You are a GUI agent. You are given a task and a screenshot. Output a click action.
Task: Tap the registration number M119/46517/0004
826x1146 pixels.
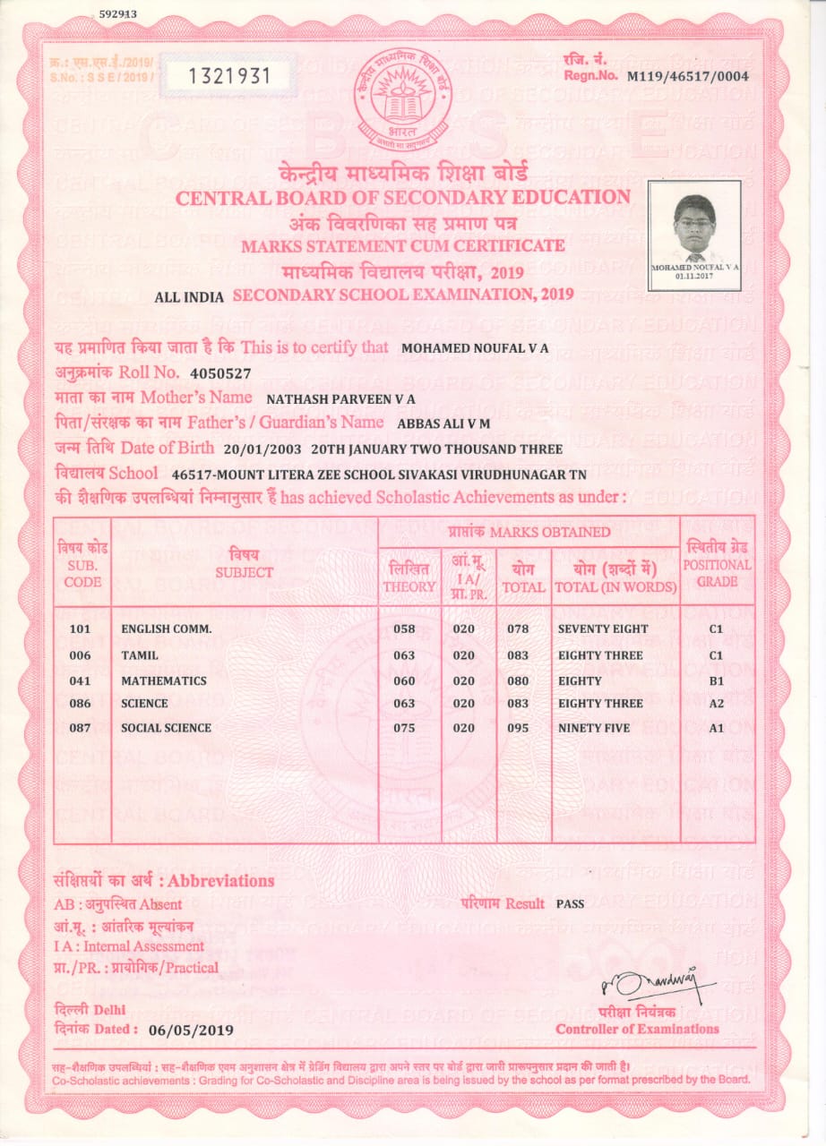[x=688, y=77]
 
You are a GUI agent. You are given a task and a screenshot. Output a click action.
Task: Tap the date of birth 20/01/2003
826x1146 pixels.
[x=262, y=449]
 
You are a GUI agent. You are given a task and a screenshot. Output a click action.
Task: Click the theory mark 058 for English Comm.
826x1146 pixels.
[x=405, y=629]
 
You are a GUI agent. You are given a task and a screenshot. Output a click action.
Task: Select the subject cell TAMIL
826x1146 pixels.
[x=140, y=655]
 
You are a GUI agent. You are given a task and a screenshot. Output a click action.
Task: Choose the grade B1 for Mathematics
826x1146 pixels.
[x=716, y=681]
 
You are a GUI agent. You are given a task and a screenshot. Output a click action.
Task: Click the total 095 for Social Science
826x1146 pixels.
[x=518, y=728]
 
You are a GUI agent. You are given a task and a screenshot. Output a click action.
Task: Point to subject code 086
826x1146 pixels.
[x=81, y=704]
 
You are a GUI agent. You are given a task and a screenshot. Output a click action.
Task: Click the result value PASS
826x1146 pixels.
[x=570, y=903]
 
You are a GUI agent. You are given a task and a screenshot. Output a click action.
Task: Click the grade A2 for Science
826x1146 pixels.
[x=716, y=704]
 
